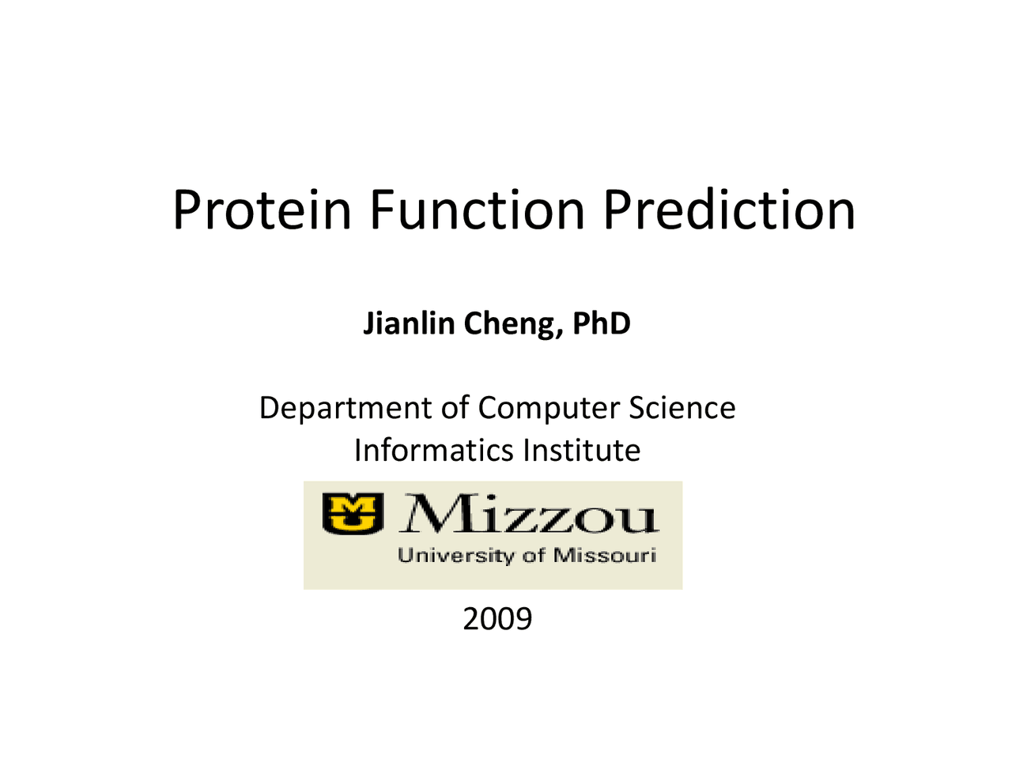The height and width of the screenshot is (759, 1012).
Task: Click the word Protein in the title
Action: (x=262, y=210)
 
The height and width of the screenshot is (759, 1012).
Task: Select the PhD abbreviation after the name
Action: (x=601, y=323)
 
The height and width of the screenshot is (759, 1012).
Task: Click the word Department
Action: (x=346, y=408)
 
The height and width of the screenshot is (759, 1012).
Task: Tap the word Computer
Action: (x=548, y=408)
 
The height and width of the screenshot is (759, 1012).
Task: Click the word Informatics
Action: (x=433, y=450)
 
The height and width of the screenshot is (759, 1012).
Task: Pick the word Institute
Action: (x=582, y=450)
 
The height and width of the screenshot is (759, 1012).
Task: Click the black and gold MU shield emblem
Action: (x=353, y=513)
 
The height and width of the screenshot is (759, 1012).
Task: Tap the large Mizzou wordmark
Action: (x=529, y=513)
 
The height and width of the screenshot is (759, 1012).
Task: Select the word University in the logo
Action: (x=456, y=556)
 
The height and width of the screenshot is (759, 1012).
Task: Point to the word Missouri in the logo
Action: (x=605, y=555)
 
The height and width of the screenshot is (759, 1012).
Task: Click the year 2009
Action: (x=497, y=619)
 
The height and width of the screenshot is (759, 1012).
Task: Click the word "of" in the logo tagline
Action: (x=534, y=555)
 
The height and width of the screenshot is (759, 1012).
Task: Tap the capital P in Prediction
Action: (x=617, y=210)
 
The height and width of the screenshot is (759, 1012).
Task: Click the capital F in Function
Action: (x=382, y=210)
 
